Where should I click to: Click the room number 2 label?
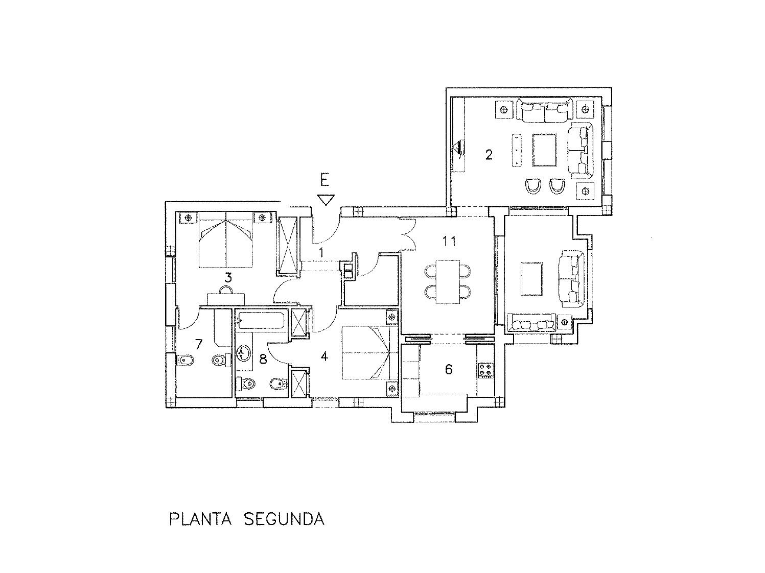[489, 154]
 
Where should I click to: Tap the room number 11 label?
[449, 241]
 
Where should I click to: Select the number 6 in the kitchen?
[449, 369]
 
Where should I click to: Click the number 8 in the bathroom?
[263, 359]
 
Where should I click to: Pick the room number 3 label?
[228, 278]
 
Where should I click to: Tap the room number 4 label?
[324, 356]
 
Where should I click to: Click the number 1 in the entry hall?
[321, 252]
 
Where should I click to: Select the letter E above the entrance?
[324, 180]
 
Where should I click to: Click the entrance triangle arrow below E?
[325, 199]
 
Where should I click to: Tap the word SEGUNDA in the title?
[284, 519]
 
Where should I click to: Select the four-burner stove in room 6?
[486, 370]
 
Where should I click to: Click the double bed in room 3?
[225, 240]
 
